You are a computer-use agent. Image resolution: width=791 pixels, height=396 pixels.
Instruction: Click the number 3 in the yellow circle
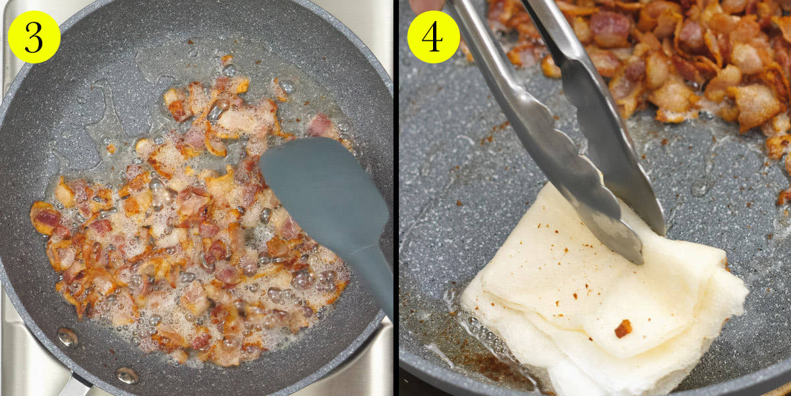[x=34, y=37]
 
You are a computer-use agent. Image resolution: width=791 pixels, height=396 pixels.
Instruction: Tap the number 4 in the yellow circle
[x=433, y=37]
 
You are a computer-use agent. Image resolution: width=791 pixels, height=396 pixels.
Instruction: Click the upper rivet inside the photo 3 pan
[x=68, y=337]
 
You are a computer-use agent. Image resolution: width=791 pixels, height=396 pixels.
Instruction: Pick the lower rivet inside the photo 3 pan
[x=127, y=376]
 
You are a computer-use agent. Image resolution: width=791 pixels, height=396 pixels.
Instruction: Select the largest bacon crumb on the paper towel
[x=624, y=329]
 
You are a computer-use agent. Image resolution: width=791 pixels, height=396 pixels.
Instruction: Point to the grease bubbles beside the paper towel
[x=487, y=331]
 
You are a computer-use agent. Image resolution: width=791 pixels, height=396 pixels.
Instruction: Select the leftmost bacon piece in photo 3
[x=44, y=217]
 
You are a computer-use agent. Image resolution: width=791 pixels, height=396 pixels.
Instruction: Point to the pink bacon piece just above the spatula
[x=320, y=125]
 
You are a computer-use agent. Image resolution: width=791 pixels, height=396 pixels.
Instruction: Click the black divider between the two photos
[x=396, y=198]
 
